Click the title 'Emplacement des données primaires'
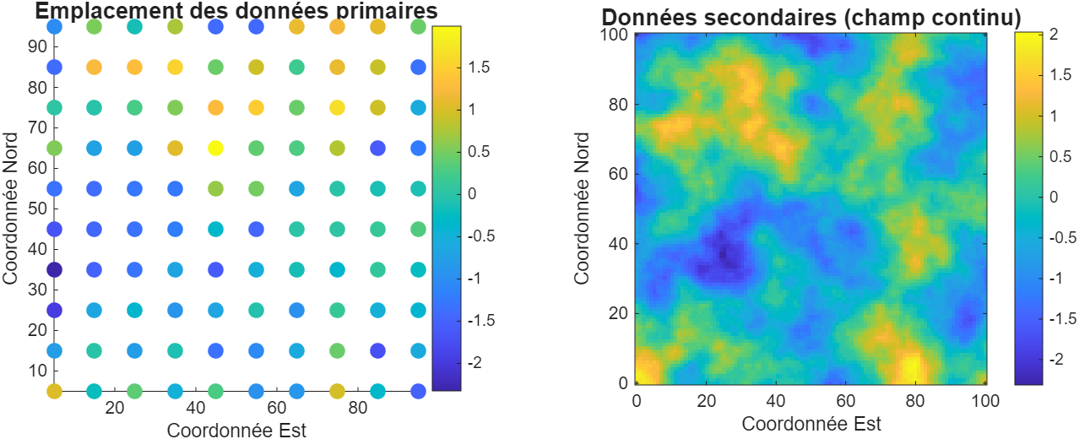tap(236, 11)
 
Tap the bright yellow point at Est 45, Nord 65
tap(215, 148)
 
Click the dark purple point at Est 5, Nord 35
tap(54, 270)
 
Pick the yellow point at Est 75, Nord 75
tap(337, 107)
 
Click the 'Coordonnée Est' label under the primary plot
tap(236, 430)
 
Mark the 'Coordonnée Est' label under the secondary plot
tap(811, 422)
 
